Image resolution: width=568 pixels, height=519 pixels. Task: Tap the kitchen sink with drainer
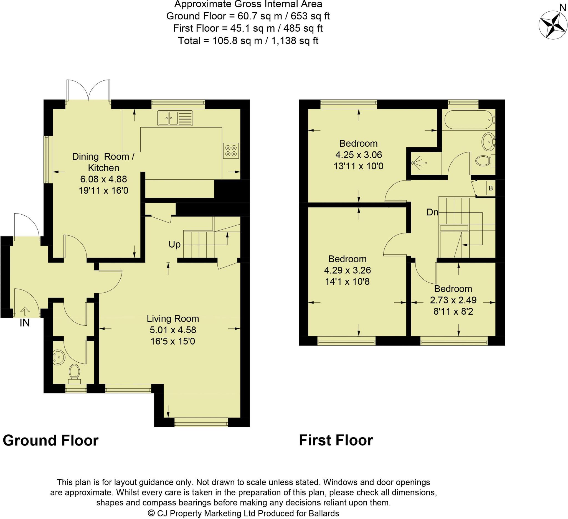click(175, 118)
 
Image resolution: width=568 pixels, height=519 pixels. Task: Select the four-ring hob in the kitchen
click(231, 151)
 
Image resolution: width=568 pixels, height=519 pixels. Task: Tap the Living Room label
click(173, 319)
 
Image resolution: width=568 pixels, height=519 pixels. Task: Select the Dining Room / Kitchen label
click(103, 162)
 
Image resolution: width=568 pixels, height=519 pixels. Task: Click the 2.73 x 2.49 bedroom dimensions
click(453, 300)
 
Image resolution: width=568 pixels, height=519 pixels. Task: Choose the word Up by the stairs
click(174, 244)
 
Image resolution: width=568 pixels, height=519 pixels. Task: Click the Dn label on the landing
click(432, 212)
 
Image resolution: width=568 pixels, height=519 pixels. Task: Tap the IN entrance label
click(24, 323)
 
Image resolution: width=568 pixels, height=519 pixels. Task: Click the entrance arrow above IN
click(25, 311)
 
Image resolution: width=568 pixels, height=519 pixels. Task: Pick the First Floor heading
click(336, 440)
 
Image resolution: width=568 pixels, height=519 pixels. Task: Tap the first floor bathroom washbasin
click(488, 142)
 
